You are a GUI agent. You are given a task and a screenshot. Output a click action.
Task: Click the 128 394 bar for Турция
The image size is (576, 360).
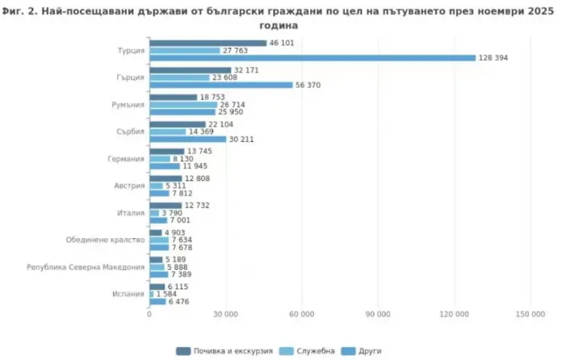pyautogui.click(x=312, y=58)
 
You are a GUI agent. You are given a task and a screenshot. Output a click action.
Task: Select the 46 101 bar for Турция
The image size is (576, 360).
pyautogui.click(x=207, y=43)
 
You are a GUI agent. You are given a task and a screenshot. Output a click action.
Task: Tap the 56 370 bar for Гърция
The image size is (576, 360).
pyautogui.click(x=220, y=85)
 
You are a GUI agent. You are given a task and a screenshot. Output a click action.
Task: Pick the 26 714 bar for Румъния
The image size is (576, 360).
pyautogui.click(x=183, y=105)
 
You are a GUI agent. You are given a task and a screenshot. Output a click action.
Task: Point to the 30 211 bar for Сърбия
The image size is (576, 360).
pyautogui.click(x=188, y=139)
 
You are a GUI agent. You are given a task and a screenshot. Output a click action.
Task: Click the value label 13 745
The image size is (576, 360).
pyautogui.click(x=198, y=151)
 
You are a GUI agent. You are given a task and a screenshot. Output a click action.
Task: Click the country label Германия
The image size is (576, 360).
pyautogui.click(x=128, y=159)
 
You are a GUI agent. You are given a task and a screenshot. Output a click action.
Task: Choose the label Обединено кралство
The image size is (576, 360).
pyautogui.click(x=105, y=240)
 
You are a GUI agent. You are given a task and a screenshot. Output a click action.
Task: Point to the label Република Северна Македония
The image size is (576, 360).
pyautogui.click(x=85, y=267)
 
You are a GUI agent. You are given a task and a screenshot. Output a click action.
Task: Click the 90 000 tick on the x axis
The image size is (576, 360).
pyautogui.click(x=378, y=314)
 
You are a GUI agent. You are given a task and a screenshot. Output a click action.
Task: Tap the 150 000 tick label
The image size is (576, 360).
pyautogui.click(x=530, y=314)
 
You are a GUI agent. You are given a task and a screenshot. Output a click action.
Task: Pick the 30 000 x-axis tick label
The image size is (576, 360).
pyautogui.click(x=225, y=314)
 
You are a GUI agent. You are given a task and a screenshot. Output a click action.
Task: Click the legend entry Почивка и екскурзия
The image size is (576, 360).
pyautogui.click(x=225, y=351)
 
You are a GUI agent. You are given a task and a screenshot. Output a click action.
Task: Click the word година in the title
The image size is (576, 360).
pyautogui.click(x=279, y=26)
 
